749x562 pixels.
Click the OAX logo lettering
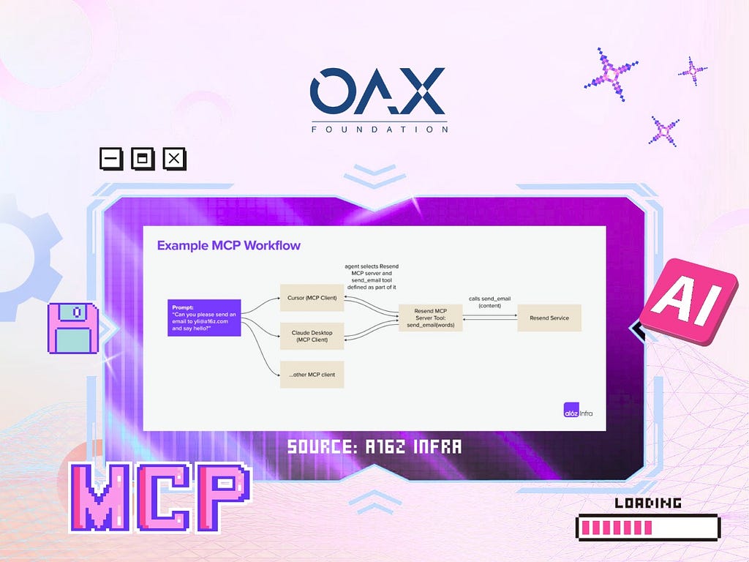pyautogui.click(x=377, y=91)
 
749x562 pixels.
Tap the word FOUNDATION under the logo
pyautogui.click(x=380, y=130)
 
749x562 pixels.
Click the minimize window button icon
pyautogui.click(x=111, y=159)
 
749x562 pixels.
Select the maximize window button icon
pyautogui.click(x=143, y=159)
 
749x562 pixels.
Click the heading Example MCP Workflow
pyautogui.click(x=229, y=246)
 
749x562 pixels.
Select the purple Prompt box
pyautogui.click(x=204, y=318)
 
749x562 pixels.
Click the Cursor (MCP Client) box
pyautogui.click(x=312, y=298)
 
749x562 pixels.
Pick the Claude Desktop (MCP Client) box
pyautogui.click(x=312, y=336)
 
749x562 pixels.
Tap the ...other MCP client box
pyautogui.click(x=312, y=375)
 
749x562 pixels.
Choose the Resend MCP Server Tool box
pyautogui.click(x=430, y=318)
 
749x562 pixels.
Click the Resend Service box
pyautogui.click(x=549, y=318)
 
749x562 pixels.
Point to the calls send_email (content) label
pyautogui.click(x=489, y=302)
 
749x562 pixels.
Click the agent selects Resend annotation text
pyautogui.click(x=372, y=277)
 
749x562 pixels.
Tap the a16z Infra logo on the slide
pyautogui.click(x=578, y=411)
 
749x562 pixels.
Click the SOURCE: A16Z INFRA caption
pyautogui.click(x=374, y=447)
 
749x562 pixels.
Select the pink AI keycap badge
pyautogui.click(x=688, y=301)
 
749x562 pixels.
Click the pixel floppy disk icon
pyautogui.click(x=73, y=329)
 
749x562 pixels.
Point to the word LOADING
pyautogui.click(x=648, y=503)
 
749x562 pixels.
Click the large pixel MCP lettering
pyautogui.click(x=160, y=498)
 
